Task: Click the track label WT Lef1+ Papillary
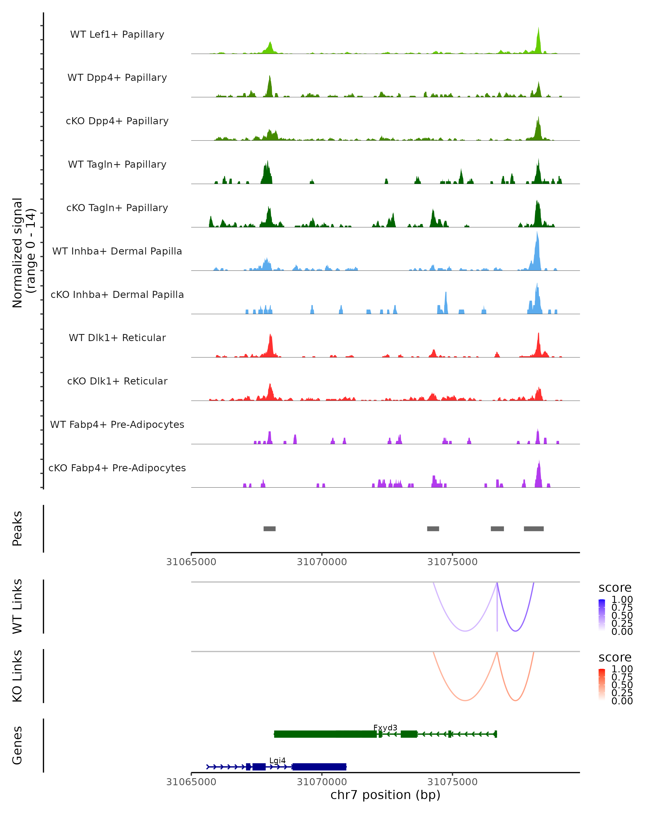click(x=117, y=34)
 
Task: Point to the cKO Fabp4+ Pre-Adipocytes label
click(x=117, y=468)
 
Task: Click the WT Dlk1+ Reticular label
click(x=117, y=338)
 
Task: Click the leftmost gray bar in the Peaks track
click(x=269, y=529)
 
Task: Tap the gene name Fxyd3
click(x=385, y=727)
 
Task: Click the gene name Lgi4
click(x=277, y=760)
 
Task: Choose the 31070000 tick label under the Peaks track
click(x=322, y=562)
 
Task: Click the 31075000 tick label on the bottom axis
click(x=452, y=781)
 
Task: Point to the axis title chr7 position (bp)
click(x=385, y=795)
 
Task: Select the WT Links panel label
click(x=17, y=606)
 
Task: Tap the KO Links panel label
click(x=17, y=676)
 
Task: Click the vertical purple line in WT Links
click(x=497, y=612)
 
